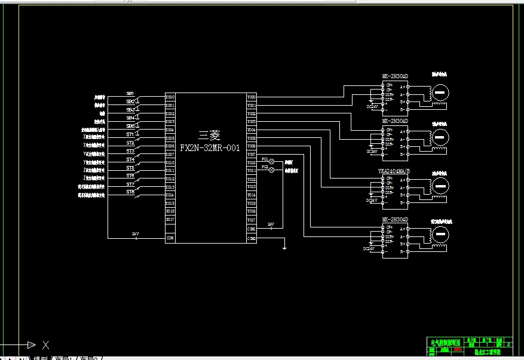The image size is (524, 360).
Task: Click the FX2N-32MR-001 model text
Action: (209, 147)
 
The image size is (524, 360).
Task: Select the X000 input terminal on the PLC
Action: (170, 97)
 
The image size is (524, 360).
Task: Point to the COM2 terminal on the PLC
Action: (252, 238)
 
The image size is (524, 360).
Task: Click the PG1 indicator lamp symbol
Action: (271, 162)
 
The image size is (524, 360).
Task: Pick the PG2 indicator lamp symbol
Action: (271, 170)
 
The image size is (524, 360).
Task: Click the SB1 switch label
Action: (130, 94)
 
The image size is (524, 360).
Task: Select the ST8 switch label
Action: (130, 192)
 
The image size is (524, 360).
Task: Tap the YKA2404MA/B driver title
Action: (394, 171)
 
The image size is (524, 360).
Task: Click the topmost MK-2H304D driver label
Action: (395, 76)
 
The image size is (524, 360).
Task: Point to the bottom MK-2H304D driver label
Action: (395, 220)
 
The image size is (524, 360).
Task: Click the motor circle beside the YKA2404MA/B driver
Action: (440, 186)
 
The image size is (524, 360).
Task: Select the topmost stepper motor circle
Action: (440, 91)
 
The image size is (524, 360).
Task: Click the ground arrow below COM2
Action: (285, 246)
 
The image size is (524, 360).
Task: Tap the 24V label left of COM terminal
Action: (136, 234)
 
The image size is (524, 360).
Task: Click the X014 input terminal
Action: (170, 195)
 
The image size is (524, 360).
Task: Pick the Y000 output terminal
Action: (252, 97)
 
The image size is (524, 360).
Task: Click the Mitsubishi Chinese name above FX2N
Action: (209, 136)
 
